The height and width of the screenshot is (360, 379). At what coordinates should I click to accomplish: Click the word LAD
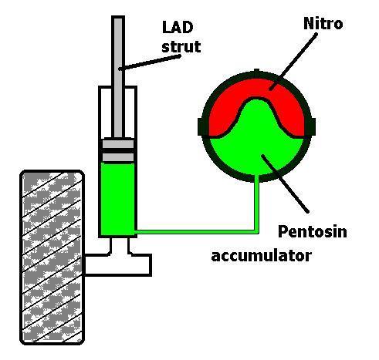pyautogui.click(x=178, y=27)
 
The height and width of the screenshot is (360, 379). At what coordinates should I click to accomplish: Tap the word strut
pyautogui.click(x=181, y=46)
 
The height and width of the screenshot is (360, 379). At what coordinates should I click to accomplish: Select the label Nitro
pyautogui.click(x=323, y=23)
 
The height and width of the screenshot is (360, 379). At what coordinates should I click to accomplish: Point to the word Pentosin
pyautogui.click(x=313, y=231)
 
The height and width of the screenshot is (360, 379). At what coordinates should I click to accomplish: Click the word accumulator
pyautogui.click(x=262, y=256)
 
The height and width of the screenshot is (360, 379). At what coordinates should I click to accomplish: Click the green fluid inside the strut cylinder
pyautogui.click(x=117, y=199)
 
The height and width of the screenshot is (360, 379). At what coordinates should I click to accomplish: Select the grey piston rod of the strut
pyautogui.click(x=118, y=77)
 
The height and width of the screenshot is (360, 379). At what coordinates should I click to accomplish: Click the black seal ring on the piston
pyautogui.click(x=118, y=150)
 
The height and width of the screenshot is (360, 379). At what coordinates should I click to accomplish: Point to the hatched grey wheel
pyautogui.click(x=52, y=257)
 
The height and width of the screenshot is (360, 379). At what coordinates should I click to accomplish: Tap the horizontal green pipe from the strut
pyautogui.click(x=197, y=232)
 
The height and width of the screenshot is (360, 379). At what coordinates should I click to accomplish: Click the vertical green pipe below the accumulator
pyautogui.click(x=256, y=204)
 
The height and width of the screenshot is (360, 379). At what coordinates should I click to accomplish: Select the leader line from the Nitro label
pyautogui.click(x=293, y=62)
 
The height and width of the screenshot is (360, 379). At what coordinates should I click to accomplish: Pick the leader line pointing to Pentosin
pyautogui.click(x=285, y=183)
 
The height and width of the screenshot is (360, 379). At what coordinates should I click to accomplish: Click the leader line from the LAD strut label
pyautogui.click(x=150, y=62)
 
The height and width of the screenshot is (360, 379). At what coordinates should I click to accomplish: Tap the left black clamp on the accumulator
pyautogui.click(x=202, y=127)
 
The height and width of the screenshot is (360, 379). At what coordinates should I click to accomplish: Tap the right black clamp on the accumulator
pyautogui.click(x=310, y=127)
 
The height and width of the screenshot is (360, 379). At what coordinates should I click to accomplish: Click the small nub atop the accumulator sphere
pyautogui.click(x=256, y=72)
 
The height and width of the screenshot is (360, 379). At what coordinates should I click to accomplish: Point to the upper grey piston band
pyautogui.click(x=118, y=143)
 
